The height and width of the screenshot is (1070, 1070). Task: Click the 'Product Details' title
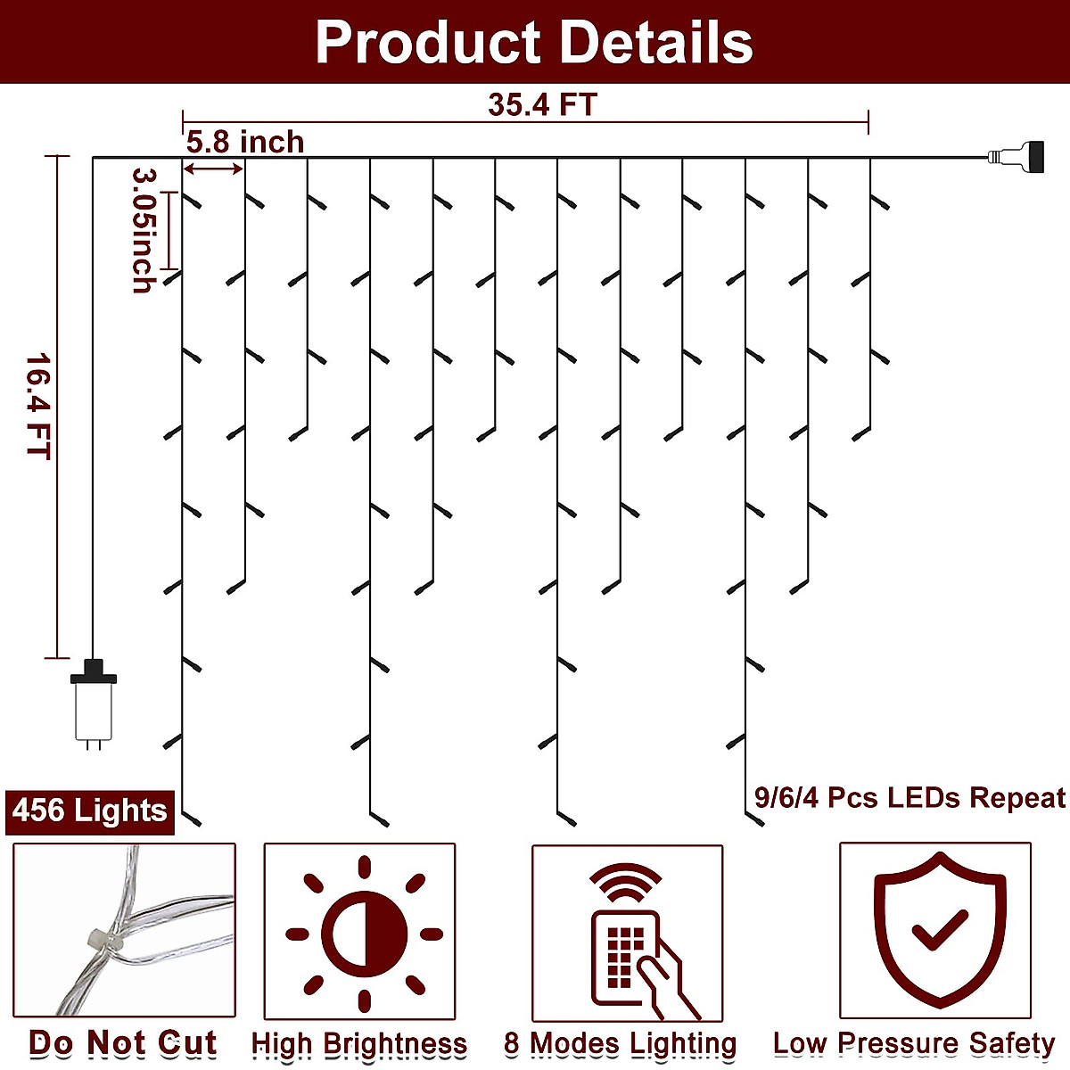(534, 42)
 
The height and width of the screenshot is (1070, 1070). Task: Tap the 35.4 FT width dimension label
(541, 104)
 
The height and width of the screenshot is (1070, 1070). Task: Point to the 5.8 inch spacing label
(244, 142)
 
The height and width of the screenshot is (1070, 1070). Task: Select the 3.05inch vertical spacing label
(143, 230)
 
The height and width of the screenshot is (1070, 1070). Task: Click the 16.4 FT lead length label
(37, 407)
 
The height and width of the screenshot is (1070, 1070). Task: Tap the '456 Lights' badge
(90, 811)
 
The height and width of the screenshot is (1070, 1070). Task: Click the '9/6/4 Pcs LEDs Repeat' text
(909, 797)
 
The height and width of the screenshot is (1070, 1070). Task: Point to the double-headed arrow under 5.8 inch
(213, 169)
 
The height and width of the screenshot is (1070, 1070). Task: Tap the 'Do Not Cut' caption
(123, 1042)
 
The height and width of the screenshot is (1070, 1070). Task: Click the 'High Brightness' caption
(359, 1043)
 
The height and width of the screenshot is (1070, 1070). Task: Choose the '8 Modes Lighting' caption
(621, 1043)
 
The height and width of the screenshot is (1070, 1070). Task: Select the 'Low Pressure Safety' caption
(914, 1043)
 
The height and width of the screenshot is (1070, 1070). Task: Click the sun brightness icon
(364, 934)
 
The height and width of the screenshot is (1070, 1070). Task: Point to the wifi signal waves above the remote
(626, 882)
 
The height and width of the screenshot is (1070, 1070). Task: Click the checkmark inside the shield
(939, 930)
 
